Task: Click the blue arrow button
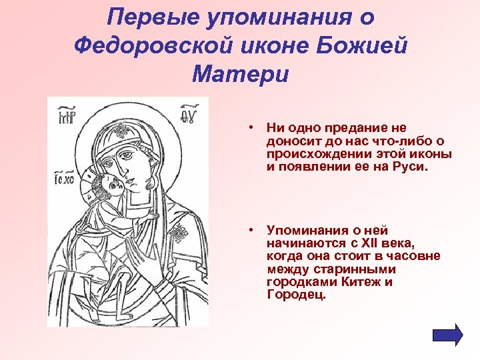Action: pyautogui.click(x=447, y=334)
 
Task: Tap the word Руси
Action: pyautogui.click(x=410, y=168)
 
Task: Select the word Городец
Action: pyautogui.click(x=295, y=295)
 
